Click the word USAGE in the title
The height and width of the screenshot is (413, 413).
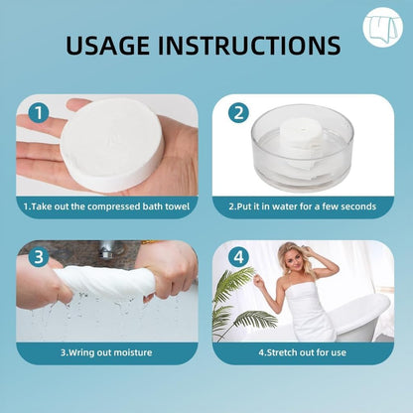[x=107, y=45]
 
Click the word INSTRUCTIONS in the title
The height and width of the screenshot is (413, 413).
[x=249, y=45]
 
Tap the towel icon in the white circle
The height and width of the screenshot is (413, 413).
[x=383, y=27]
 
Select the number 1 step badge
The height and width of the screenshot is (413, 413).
[x=39, y=113]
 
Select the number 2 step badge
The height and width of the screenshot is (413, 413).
[x=239, y=113]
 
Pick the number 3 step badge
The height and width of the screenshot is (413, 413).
[x=39, y=257]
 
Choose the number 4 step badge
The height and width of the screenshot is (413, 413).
[x=239, y=257]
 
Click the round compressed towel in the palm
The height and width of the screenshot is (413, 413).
[x=112, y=145]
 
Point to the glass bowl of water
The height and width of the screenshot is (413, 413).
[x=302, y=148]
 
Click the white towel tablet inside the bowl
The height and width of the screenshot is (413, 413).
[x=301, y=139]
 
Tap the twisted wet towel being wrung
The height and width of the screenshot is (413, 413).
[x=106, y=280]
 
